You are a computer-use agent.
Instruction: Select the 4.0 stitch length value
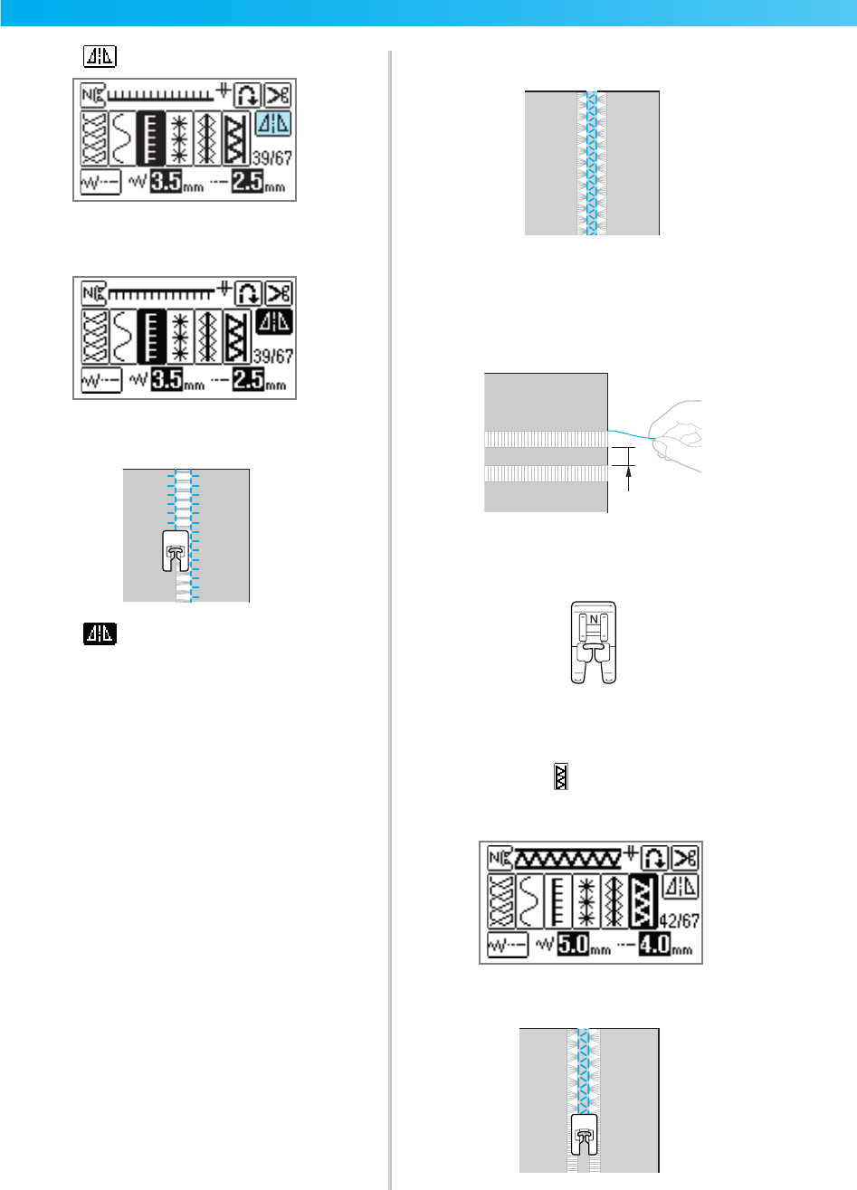click(654, 947)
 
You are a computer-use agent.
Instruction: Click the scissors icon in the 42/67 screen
click(684, 857)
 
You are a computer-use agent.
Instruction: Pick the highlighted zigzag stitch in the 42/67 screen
click(643, 902)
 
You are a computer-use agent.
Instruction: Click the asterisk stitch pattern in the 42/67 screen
click(585, 902)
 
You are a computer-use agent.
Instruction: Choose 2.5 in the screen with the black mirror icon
click(247, 383)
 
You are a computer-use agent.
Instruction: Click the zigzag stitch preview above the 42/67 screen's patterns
click(570, 856)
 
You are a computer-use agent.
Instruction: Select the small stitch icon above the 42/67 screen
click(561, 776)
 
